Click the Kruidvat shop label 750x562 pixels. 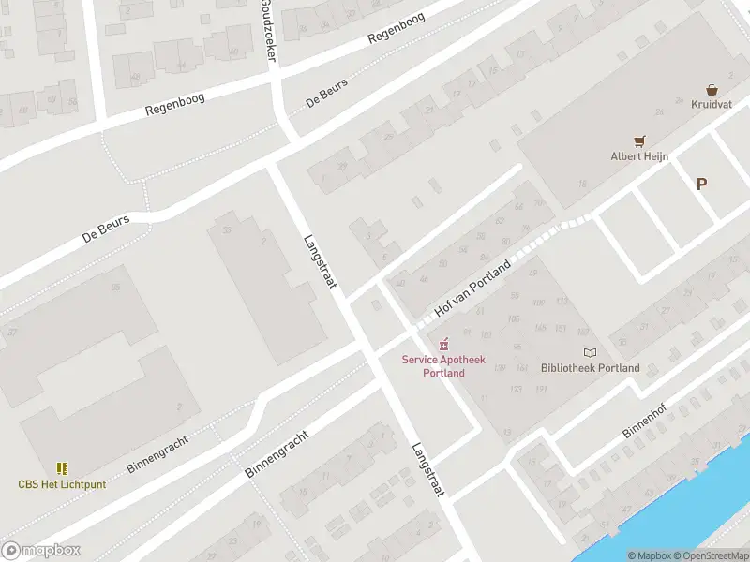point(712,104)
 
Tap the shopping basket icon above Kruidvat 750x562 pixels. point(712,90)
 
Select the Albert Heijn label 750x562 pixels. point(639,156)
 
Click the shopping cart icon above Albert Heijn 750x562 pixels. point(640,141)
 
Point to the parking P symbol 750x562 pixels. point(701,185)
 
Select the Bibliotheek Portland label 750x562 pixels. point(591,368)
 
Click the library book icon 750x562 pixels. point(590,352)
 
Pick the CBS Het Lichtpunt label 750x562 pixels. point(62,484)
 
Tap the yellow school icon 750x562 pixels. point(62,468)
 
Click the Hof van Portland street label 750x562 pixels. point(473,288)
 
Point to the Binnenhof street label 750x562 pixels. point(643,422)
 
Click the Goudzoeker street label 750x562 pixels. point(269,30)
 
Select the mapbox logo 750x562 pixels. point(40,551)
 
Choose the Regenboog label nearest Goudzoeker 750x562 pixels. point(397,28)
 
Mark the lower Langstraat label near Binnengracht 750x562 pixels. point(427,469)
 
